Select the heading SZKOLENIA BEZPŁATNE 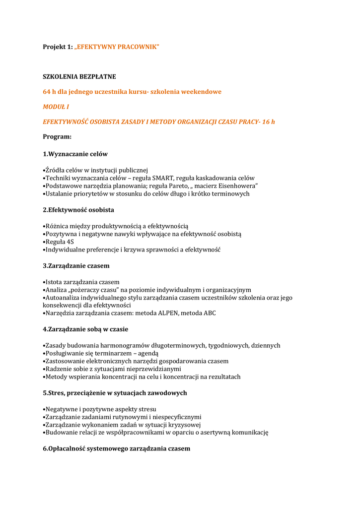pos(79,76)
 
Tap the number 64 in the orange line pos(47,92)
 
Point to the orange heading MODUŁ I pos(56,107)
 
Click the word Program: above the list pos(57,136)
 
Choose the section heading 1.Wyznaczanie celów pos(75,154)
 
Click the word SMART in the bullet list pos(162,178)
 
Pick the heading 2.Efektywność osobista pos(78,210)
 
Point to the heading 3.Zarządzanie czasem pos(76,266)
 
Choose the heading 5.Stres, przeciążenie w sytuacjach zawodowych pos(115,393)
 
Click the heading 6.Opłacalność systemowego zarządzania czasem pos(116,448)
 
